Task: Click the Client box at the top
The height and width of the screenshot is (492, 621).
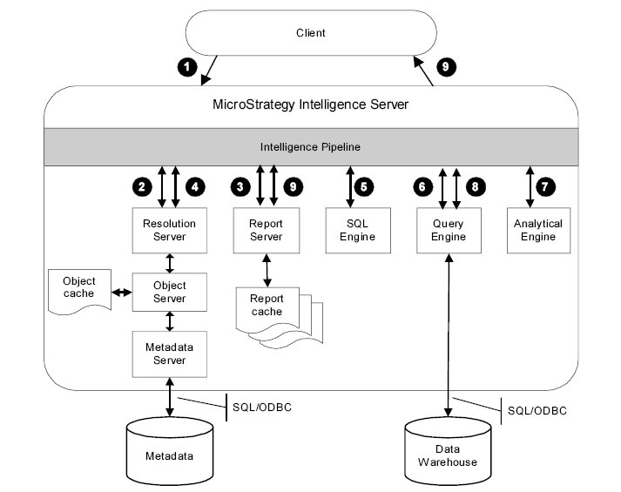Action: point(311,33)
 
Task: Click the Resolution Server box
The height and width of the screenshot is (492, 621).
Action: point(169,230)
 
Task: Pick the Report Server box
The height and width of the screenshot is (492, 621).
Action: point(267,230)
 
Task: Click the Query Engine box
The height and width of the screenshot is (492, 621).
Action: point(449,230)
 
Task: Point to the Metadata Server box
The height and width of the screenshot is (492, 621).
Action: point(169,353)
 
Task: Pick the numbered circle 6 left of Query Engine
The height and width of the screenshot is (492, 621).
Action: point(423,186)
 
